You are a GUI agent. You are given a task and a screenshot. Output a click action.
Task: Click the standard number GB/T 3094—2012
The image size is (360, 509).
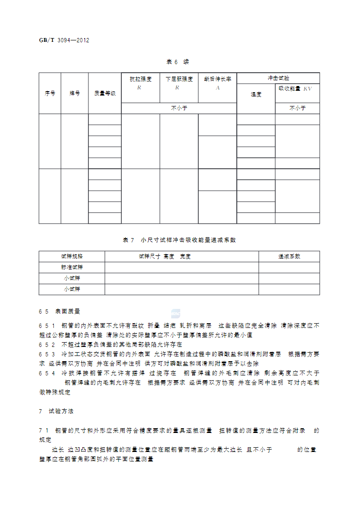64,40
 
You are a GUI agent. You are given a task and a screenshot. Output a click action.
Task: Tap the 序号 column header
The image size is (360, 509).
50,94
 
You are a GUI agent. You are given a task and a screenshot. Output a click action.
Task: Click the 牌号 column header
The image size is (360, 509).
75,94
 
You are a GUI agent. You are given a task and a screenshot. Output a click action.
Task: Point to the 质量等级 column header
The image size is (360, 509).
105,94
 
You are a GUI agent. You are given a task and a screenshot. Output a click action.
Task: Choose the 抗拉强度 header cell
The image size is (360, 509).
140,79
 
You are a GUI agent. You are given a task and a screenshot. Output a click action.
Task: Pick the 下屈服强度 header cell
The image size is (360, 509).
179,79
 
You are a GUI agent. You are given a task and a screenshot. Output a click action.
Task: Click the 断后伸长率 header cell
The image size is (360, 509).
217,79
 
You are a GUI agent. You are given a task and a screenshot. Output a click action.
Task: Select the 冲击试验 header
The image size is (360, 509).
278,78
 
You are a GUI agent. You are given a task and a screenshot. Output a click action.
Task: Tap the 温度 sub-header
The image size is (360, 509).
256,94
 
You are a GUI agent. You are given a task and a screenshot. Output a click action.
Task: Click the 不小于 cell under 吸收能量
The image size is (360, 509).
297,108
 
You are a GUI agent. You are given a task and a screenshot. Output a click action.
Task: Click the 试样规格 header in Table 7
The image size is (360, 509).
72,256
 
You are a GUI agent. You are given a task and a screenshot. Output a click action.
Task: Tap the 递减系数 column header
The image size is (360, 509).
289,256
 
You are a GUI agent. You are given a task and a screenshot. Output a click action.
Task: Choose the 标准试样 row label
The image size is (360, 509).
72,267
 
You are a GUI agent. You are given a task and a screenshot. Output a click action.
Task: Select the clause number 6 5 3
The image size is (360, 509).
47,354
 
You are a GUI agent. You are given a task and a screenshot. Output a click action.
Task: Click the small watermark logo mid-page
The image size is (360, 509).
175,313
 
